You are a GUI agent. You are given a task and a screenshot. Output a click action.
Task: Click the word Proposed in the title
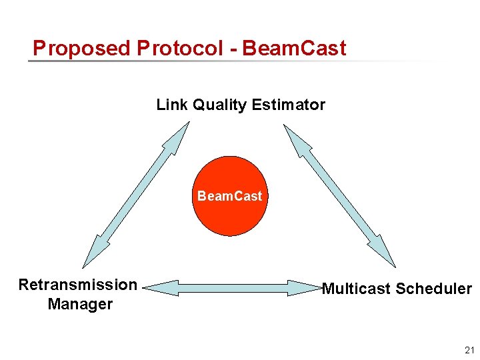click(81, 48)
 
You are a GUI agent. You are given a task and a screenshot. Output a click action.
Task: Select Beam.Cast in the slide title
click(295, 48)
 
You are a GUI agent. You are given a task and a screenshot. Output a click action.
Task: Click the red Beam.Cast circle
click(229, 196)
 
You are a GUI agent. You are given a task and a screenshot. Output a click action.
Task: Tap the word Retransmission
click(78, 285)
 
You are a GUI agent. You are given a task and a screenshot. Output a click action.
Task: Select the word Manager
click(80, 304)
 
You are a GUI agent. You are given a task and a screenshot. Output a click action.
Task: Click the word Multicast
click(357, 289)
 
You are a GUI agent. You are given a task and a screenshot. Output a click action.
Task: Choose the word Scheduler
click(434, 289)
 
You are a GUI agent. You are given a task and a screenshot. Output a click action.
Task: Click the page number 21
click(469, 350)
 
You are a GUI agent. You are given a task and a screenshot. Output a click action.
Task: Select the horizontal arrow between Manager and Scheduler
click(233, 288)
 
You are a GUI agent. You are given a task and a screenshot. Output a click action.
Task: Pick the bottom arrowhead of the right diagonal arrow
click(387, 258)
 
